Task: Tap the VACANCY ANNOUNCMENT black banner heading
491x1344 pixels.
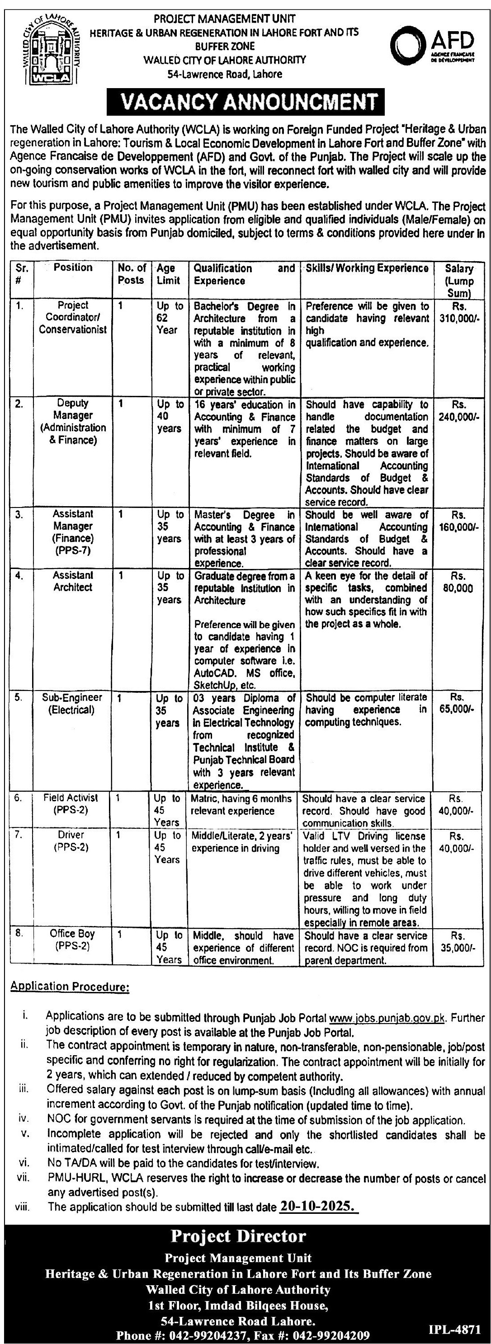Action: [245, 102]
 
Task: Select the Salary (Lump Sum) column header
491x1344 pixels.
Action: [458, 280]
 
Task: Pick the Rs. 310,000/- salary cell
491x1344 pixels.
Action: [458, 311]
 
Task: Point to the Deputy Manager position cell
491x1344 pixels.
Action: [73, 422]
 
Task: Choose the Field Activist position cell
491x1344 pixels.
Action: [71, 804]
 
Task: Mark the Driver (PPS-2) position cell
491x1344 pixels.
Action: [71, 841]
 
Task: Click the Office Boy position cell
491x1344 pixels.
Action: [72, 939]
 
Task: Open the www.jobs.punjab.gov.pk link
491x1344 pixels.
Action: [387, 1018]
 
